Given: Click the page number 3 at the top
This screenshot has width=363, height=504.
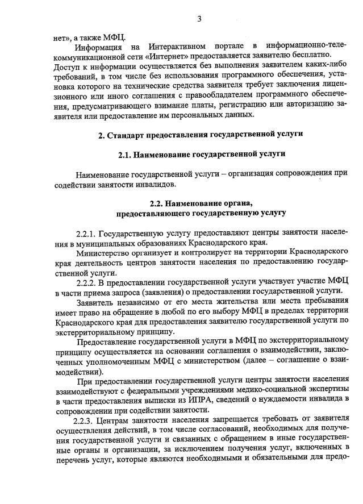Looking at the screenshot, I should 199,19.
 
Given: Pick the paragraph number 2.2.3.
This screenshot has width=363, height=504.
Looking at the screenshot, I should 84,421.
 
